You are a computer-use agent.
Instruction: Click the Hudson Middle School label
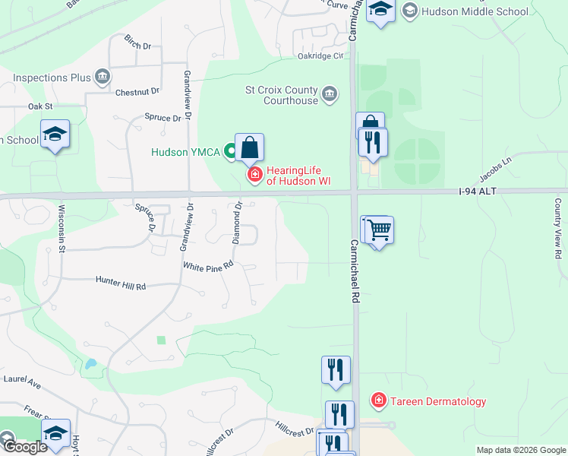tap(475, 11)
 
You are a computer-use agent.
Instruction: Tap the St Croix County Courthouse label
tap(281, 94)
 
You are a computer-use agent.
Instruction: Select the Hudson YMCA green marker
tap(229, 151)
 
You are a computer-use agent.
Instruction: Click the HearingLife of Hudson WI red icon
tap(254, 176)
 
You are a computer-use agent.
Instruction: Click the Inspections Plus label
tap(52, 78)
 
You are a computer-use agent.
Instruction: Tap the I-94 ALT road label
tap(477, 192)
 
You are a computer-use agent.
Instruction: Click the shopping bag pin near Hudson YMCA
tap(249, 148)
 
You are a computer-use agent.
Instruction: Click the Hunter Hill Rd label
tap(120, 283)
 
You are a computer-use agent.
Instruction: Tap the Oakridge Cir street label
tap(321, 55)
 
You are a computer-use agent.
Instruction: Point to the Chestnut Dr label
tap(137, 92)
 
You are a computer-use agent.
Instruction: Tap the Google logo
tap(24, 447)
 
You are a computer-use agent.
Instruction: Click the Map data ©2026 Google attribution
tap(521, 450)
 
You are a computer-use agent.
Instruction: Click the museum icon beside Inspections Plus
tap(103, 77)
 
